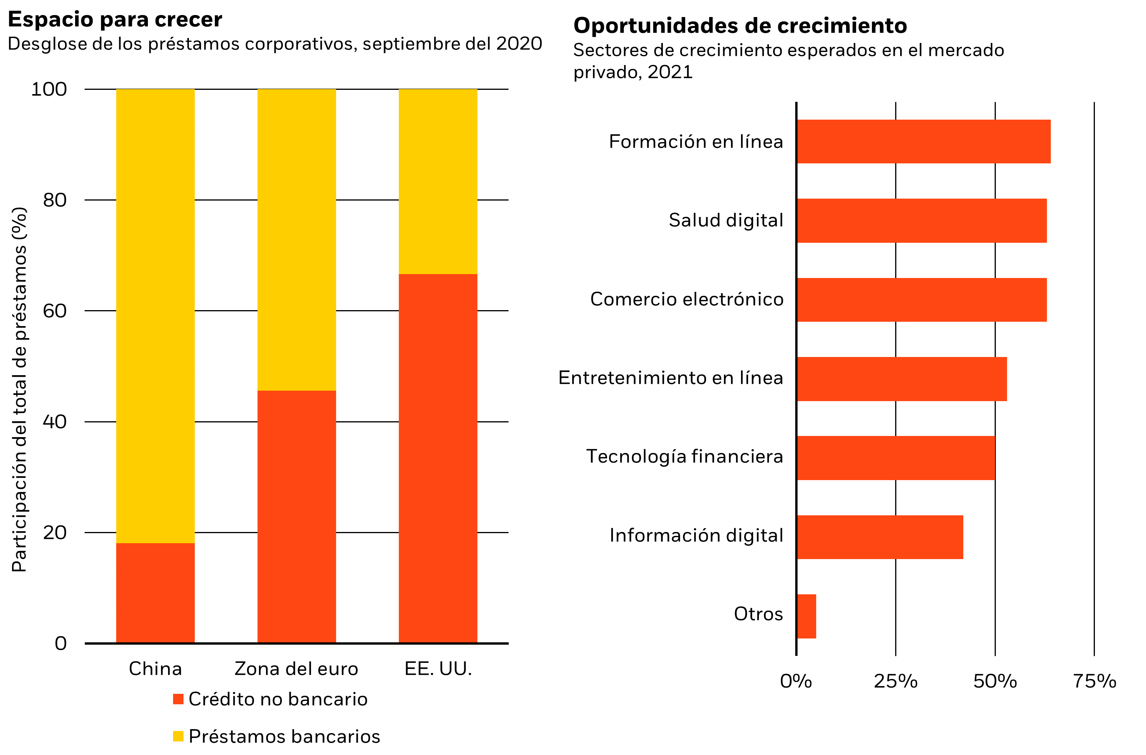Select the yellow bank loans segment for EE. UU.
[x=438, y=182]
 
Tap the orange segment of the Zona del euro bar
[x=297, y=516]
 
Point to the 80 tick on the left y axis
[x=55, y=200]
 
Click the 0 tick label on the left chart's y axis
[x=61, y=643]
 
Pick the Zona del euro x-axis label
[x=296, y=669]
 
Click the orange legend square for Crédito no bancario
[x=178, y=699]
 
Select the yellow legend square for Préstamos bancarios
[x=178, y=736]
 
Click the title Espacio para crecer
[x=115, y=20]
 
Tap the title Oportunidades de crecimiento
[x=740, y=26]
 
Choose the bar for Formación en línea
[x=923, y=142]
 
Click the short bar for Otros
[x=806, y=616]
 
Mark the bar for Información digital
[x=880, y=537]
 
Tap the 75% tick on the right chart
[x=1095, y=681]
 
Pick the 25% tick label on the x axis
[x=896, y=681]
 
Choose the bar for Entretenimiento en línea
[x=902, y=379]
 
